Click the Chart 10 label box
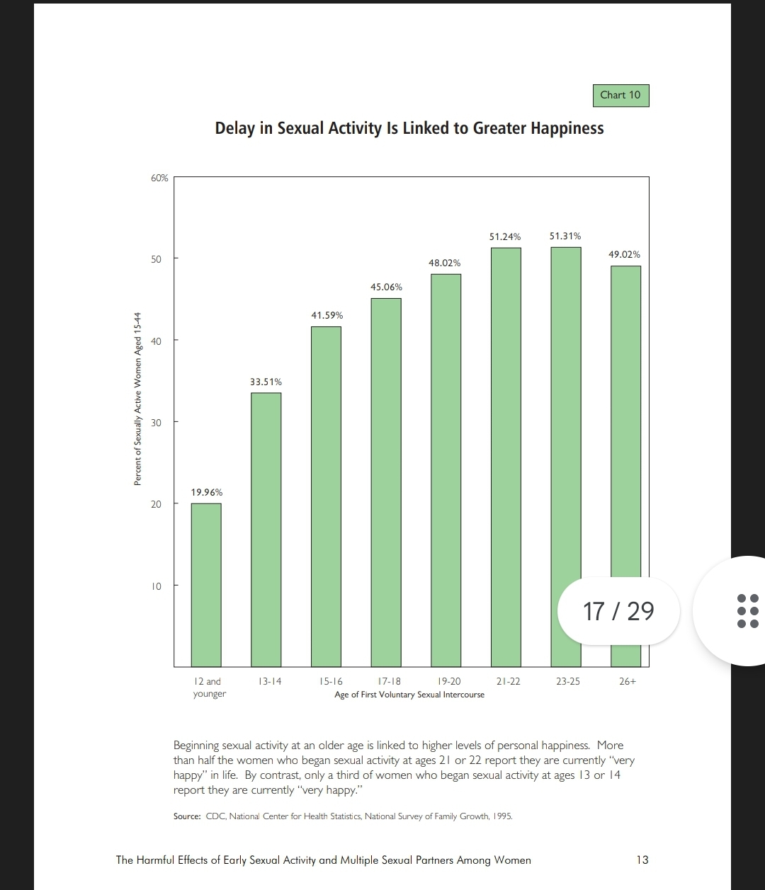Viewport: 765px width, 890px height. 620,95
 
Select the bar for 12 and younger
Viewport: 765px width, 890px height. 206,584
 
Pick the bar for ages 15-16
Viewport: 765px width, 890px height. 326,496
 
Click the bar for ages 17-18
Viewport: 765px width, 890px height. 386,481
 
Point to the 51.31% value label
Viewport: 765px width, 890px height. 565,236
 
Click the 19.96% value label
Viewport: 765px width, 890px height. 206,492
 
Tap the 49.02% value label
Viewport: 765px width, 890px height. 624,254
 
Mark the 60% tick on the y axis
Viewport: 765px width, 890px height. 159,178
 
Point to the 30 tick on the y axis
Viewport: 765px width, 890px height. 156,422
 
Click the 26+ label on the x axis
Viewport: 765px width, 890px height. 627,681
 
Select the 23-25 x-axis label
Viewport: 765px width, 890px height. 567,681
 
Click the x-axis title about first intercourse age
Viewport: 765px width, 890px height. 409,695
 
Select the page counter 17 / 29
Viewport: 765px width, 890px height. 618,610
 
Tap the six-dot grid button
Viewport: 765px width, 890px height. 747,610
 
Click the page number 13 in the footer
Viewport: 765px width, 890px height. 642,860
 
